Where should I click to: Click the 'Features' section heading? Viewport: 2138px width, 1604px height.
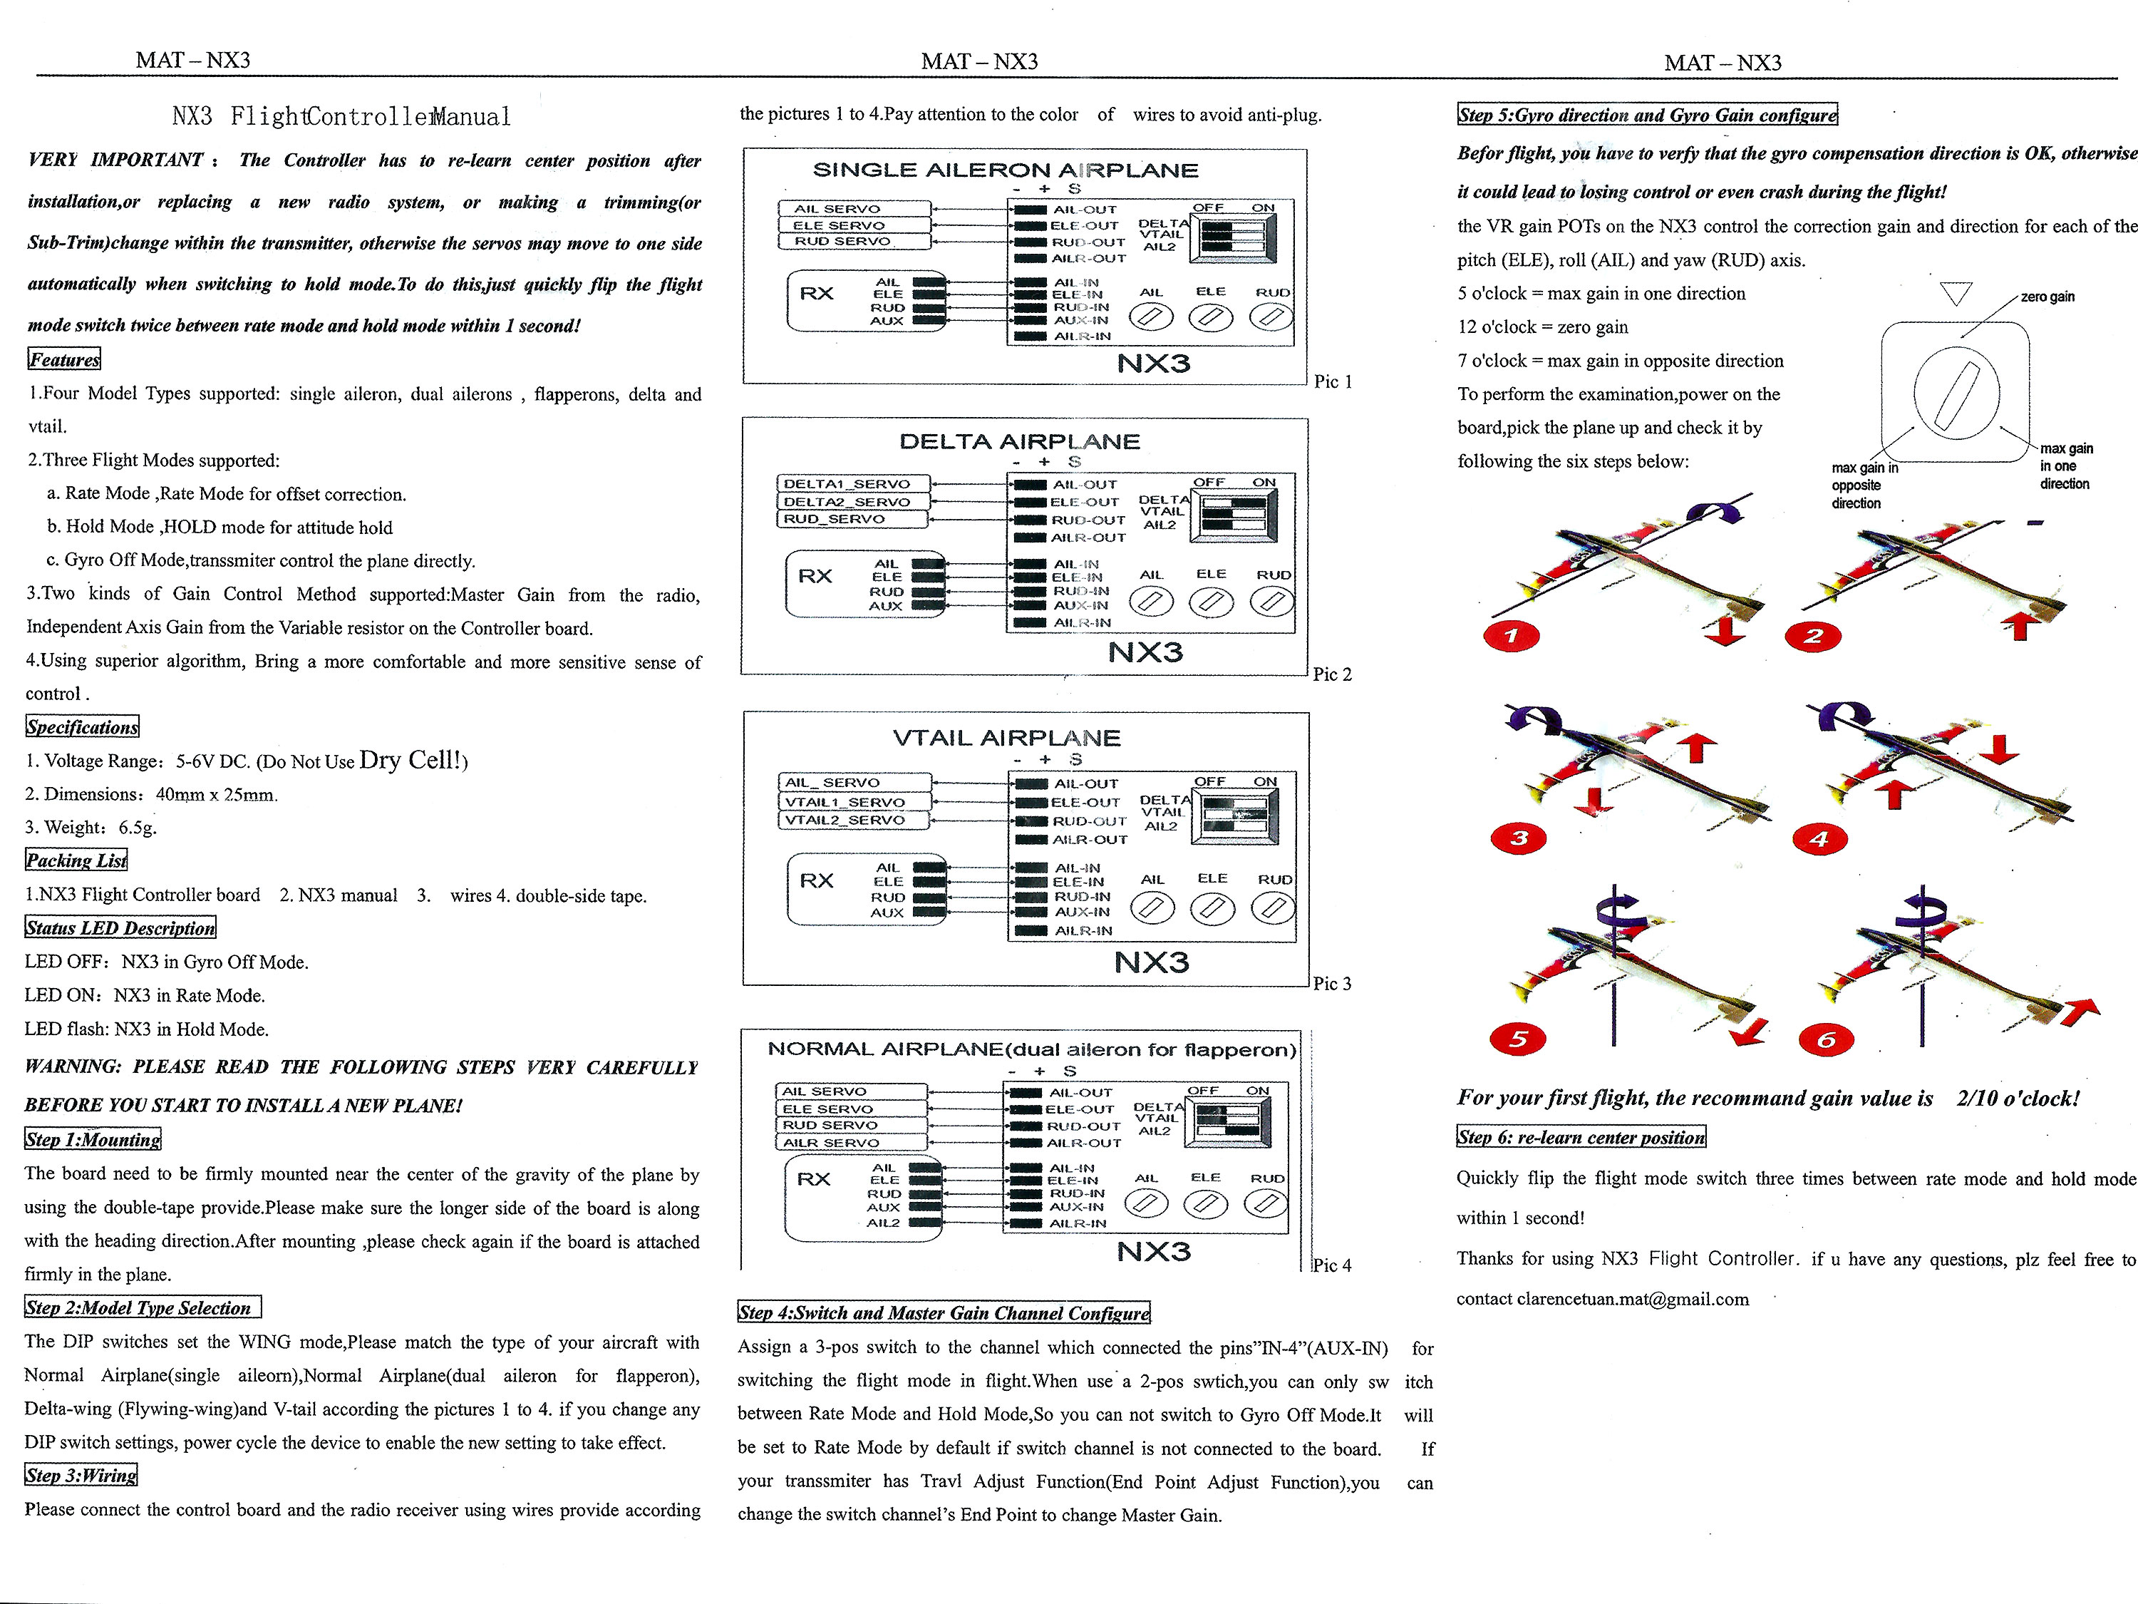click(64, 360)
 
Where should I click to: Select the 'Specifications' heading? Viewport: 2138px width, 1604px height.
click(82, 727)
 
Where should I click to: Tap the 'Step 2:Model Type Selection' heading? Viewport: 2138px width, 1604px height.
click(141, 1308)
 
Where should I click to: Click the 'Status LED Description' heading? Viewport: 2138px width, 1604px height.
click(120, 928)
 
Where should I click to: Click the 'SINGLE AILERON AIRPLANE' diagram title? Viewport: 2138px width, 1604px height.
click(1005, 170)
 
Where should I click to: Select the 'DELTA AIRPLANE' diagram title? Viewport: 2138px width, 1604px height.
click(1020, 442)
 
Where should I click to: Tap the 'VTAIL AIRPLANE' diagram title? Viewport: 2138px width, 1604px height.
click(1006, 738)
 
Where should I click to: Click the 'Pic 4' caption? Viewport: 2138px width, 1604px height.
click(1332, 1265)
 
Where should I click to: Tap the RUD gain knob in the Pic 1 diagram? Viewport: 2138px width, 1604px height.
click(1271, 316)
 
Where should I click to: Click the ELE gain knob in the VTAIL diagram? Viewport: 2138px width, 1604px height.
click(1212, 908)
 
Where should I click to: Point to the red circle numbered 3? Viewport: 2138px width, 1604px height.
click(1519, 838)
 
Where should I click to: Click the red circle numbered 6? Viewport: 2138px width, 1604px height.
click(1826, 1039)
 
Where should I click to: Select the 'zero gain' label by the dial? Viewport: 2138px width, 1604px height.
click(2047, 297)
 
